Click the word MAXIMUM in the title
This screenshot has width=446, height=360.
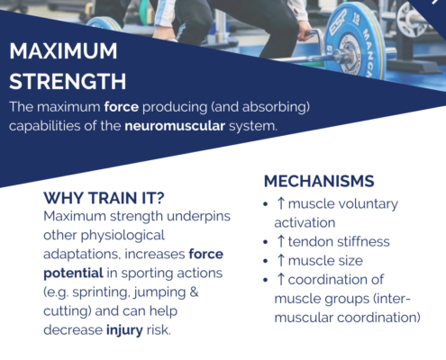(63, 51)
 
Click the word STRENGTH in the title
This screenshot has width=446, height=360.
(68, 81)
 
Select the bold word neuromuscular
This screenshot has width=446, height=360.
(175, 126)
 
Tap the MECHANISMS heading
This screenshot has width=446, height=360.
(319, 181)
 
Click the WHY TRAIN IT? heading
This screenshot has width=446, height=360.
(104, 198)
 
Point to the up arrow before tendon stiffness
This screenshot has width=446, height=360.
(281, 241)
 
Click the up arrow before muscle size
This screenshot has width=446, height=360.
(281, 260)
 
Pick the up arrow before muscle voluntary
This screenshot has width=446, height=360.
(281, 203)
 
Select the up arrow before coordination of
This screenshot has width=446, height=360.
(281, 279)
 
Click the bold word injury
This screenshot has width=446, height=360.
(124, 330)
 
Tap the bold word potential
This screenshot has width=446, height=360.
(73, 274)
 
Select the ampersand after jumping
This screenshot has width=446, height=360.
(195, 292)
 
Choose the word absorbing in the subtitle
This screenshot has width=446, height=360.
(275, 107)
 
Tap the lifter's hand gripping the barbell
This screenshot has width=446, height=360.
(305, 32)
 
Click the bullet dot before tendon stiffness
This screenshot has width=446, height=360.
(265, 242)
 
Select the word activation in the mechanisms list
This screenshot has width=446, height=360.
(305, 223)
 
